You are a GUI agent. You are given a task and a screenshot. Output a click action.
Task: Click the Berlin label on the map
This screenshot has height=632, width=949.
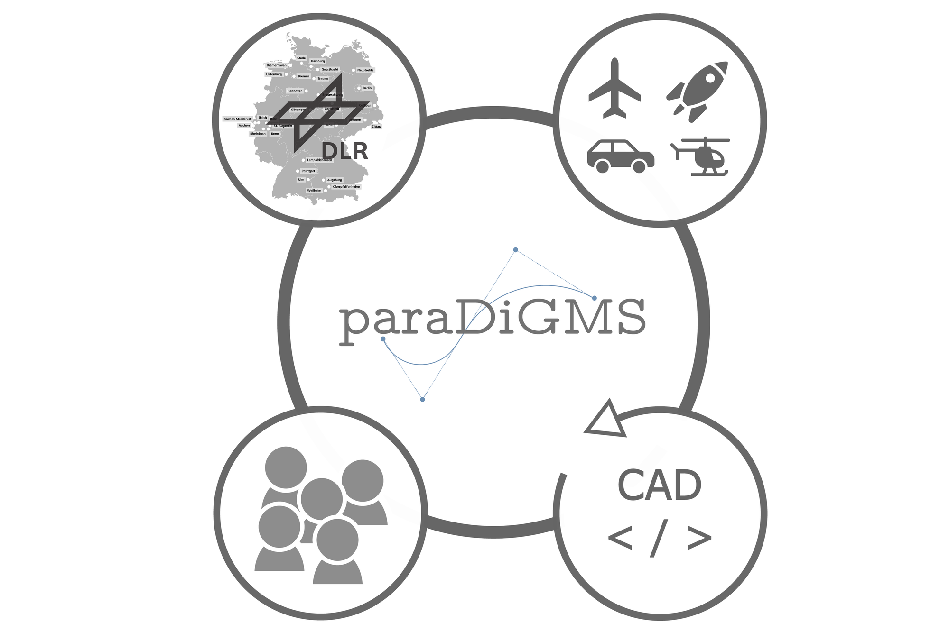367,88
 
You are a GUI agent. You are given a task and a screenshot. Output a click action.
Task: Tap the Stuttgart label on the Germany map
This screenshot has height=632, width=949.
308,171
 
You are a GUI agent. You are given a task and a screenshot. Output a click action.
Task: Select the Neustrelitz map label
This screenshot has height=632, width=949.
365,70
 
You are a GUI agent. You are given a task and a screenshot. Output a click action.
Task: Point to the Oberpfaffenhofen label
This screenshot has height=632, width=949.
346,187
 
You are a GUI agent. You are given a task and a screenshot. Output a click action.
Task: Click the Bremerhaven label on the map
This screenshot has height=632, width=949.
277,65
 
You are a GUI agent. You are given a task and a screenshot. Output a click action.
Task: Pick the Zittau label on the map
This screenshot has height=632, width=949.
376,127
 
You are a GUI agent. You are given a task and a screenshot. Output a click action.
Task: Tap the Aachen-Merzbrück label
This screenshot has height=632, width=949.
238,119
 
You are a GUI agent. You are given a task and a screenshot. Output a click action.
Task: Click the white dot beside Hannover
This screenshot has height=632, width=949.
306,91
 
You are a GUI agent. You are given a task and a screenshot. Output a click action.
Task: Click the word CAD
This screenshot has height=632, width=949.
660,485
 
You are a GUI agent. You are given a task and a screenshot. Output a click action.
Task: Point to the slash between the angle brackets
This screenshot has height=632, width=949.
660,538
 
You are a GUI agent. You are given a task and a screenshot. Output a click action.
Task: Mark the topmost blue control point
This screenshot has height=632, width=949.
516,250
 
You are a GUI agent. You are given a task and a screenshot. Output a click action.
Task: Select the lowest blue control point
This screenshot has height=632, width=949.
422,400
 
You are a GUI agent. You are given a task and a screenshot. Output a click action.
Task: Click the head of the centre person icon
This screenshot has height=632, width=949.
322,499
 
